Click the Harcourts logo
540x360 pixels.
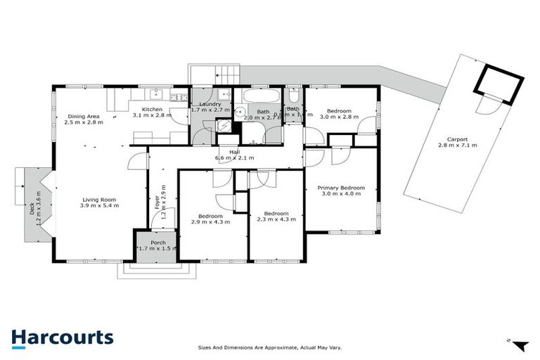coord(62,337)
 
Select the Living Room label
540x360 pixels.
coord(99,202)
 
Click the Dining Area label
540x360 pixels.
coord(84,119)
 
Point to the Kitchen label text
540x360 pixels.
coord(153,110)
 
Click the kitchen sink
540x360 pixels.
coord(156,94)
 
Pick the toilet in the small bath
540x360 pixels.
coord(293,96)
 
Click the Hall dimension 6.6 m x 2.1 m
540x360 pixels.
coord(234,157)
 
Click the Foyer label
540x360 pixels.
coord(157,203)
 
